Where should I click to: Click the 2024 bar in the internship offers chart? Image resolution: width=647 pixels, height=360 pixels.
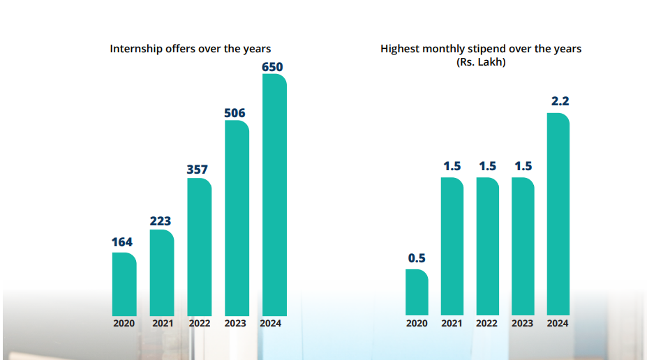tap(274, 195)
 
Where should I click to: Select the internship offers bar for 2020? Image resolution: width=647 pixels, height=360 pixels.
tap(124, 284)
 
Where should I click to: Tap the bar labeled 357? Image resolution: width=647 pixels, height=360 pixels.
tap(199, 247)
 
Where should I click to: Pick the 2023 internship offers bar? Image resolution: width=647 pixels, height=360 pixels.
tap(237, 218)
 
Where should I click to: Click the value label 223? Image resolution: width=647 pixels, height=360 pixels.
tap(161, 221)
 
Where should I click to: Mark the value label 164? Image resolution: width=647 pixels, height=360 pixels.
tap(123, 243)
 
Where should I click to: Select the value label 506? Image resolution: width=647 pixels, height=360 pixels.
tap(235, 113)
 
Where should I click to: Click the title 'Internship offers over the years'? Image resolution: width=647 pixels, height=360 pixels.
tap(191, 49)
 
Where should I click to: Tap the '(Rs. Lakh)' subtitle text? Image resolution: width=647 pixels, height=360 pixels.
tap(480, 62)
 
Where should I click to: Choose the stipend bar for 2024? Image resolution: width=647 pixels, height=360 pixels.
tap(558, 214)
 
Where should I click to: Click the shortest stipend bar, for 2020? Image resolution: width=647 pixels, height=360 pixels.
tap(417, 292)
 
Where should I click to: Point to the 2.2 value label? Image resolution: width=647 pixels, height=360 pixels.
tap(560, 102)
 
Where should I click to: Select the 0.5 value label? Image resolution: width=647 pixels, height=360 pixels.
tap(417, 258)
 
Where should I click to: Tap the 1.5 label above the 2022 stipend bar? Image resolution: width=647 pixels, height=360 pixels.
tap(487, 166)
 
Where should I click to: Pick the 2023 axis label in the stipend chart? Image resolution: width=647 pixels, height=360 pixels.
tap(522, 324)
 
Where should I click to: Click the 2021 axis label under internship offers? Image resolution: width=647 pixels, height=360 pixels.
tap(162, 324)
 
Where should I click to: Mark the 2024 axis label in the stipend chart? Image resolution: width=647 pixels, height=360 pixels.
tap(558, 324)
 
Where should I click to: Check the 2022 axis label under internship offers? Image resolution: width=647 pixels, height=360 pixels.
tap(200, 324)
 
